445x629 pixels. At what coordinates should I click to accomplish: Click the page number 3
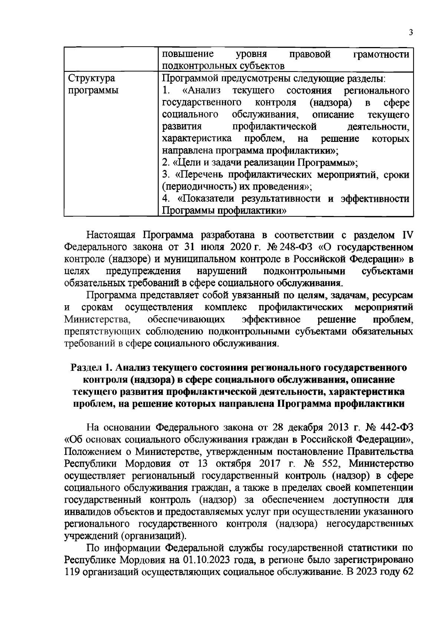[411, 32]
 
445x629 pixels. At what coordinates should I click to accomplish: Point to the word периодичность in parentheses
[196, 187]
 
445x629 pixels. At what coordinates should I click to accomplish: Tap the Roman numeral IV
[408, 235]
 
